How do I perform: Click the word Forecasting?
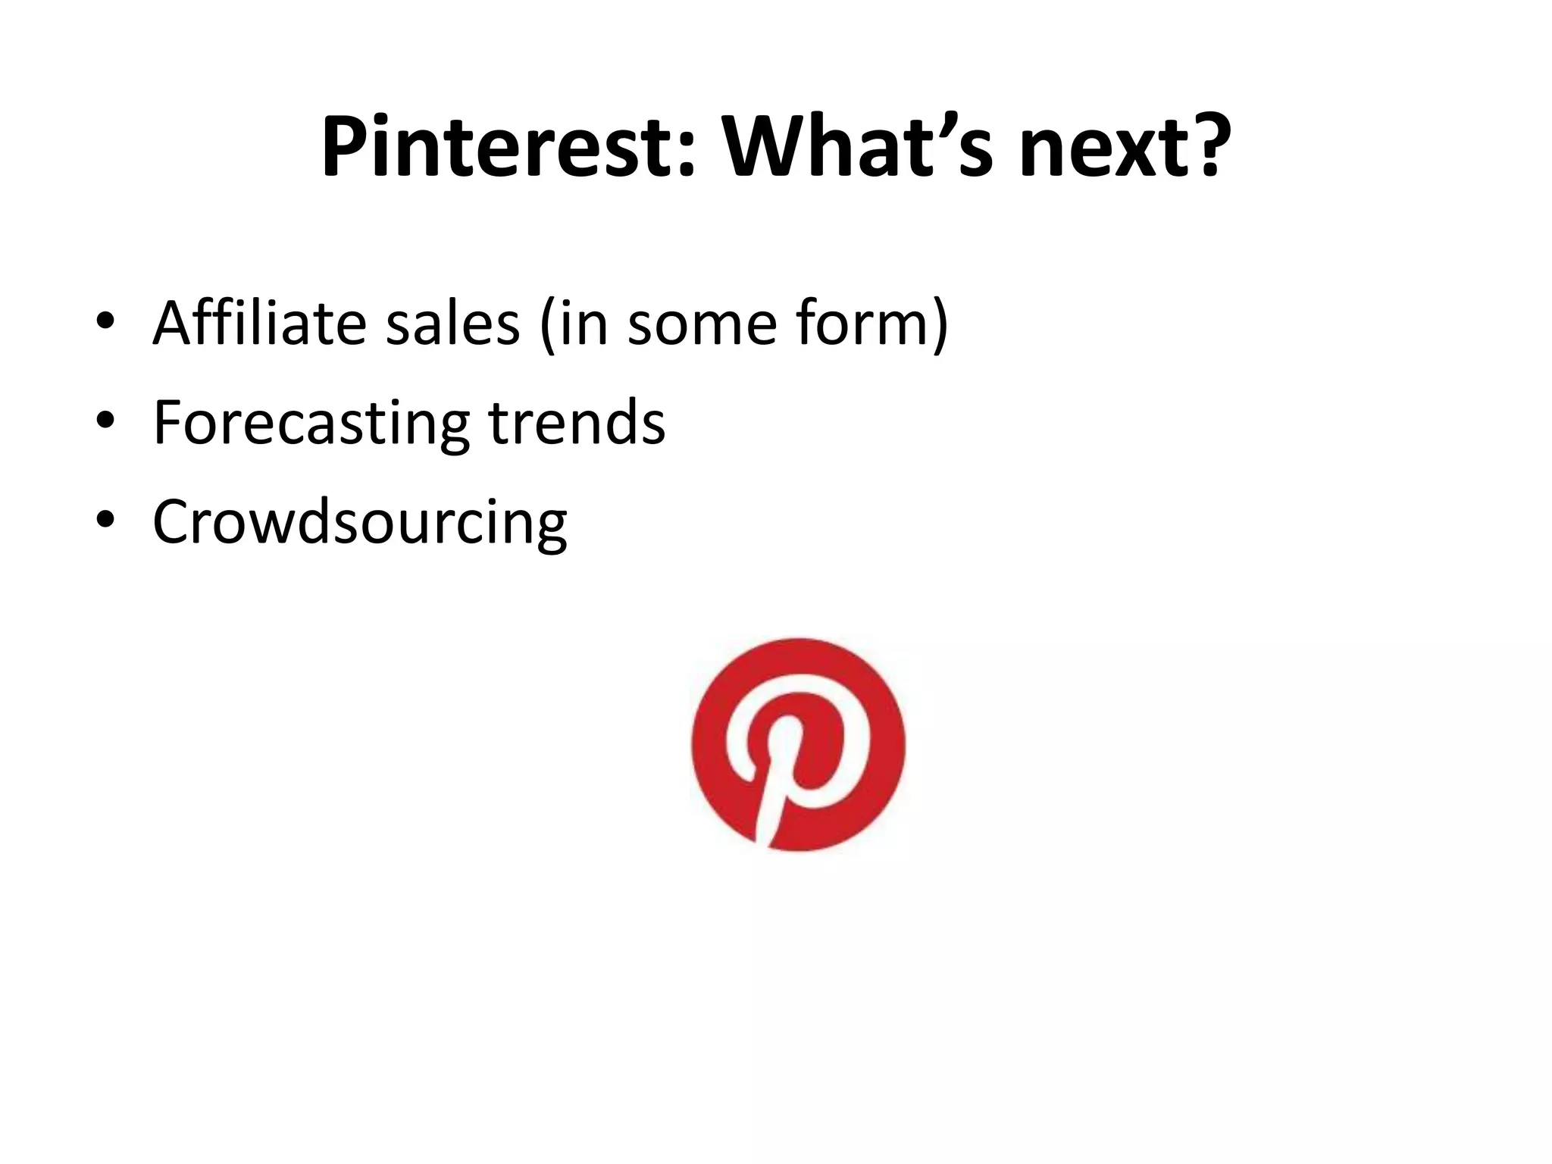[x=311, y=423]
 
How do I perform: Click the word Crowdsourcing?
[x=359, y=523]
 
